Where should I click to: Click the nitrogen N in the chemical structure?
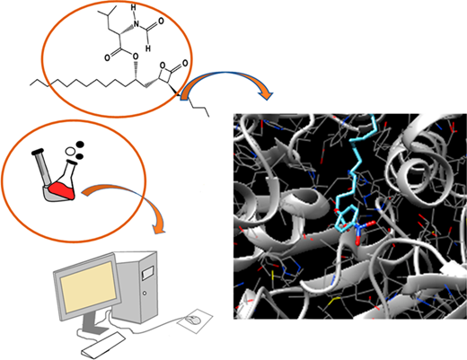(x=137, y=24)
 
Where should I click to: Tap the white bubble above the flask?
(x=70, y=151)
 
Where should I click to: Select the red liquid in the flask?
(x=62, y=191)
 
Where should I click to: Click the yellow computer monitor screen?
(x=89, y=286)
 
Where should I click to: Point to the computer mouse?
(x=193, y=320)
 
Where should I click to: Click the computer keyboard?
(x=103, y=345)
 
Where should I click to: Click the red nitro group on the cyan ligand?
(x=363, y=231)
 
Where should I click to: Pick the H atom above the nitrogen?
(x=134, y=8)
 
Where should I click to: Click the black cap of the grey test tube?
(x=38, y=152)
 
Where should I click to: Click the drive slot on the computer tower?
(x=147, y=274)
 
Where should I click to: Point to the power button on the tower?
(x=145, y=293)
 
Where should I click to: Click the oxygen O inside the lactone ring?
(x=163, y=66)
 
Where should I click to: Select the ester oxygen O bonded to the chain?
(x=136, y=56)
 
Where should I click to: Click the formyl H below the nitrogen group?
(x=148, y=48)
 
